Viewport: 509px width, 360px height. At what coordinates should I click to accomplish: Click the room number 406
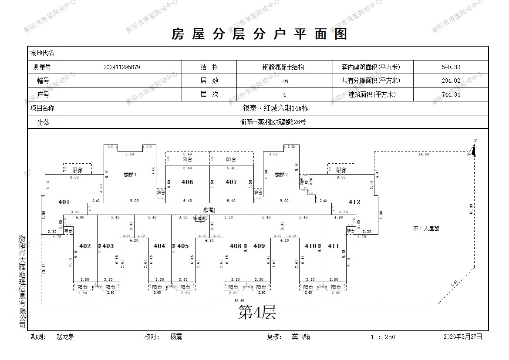tap(187, 182)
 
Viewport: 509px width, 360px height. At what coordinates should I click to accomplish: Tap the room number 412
tap(354, 202)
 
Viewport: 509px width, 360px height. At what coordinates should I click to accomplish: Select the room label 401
tap(64, 202)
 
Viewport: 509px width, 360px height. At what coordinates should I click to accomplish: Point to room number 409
tap(259, 246)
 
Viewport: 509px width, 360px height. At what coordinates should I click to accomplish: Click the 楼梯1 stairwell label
tap(130, 175)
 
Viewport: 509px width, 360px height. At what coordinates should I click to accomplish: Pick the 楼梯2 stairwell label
tap(281, 175)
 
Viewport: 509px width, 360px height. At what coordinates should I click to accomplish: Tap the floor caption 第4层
tap(257, 312)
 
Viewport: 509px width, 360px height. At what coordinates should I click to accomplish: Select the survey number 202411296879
tap(122, 67)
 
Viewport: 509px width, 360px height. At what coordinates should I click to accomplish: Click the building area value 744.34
tap(451, 94)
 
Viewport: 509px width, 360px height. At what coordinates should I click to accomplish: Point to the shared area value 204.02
tap(451, 81)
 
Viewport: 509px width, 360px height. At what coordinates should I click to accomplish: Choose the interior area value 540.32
tap(451, 67)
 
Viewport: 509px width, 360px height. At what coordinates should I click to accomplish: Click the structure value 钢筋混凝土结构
tap(283, 67)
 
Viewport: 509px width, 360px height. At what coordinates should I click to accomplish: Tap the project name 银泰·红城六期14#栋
tap(275, 108)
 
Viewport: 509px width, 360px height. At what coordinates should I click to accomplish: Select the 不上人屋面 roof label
tap(426, 228)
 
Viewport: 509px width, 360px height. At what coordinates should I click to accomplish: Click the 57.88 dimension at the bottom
tap(239, 301)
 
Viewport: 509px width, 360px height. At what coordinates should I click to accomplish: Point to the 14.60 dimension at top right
tap(424, 154)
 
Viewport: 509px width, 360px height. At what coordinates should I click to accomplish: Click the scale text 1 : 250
tap(383, 337)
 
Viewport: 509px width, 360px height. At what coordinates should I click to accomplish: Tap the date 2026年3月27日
tap(463, 336)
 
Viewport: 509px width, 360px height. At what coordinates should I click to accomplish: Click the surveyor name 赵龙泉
tap(65, 336)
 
